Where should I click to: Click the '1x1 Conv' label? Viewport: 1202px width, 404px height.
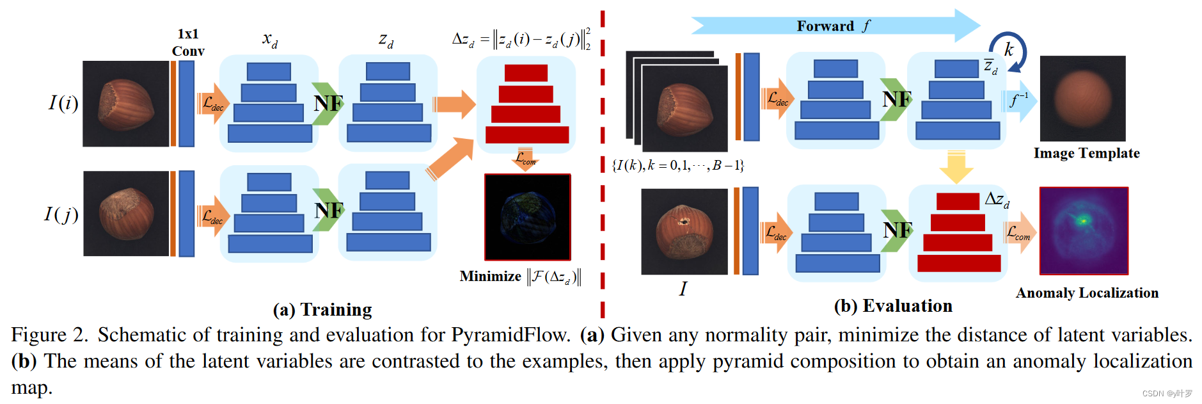tap(187, 42)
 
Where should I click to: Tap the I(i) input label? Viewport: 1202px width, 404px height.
tap(63, 102)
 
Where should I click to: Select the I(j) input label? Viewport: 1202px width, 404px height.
tap(61, 213)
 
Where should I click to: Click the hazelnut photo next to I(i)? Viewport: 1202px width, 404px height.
tap(126, 104)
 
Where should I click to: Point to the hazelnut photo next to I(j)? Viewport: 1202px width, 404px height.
tap(126, 213)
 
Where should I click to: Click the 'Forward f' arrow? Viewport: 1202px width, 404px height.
tap(835, 26)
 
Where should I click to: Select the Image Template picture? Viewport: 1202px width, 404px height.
tap(1082, 98)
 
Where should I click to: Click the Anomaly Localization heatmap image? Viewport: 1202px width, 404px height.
tap(1084, 230)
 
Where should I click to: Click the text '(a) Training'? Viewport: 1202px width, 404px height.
tap(322, 310)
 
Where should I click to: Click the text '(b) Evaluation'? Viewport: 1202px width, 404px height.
tap(893, 306)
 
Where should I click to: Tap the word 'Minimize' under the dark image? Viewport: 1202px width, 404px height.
tap(490, 277)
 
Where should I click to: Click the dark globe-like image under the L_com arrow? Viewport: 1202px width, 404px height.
tap(527, 216)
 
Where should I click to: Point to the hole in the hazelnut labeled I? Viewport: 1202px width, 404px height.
tap(683, 222)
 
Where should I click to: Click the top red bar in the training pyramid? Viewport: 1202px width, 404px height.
tap(526, 72)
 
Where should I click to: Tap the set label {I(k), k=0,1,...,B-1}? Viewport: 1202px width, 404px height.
tap(677, 165)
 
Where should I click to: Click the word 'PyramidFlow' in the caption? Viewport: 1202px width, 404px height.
tap(510, 335)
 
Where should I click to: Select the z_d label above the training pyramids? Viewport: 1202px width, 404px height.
tap(386, 41)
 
